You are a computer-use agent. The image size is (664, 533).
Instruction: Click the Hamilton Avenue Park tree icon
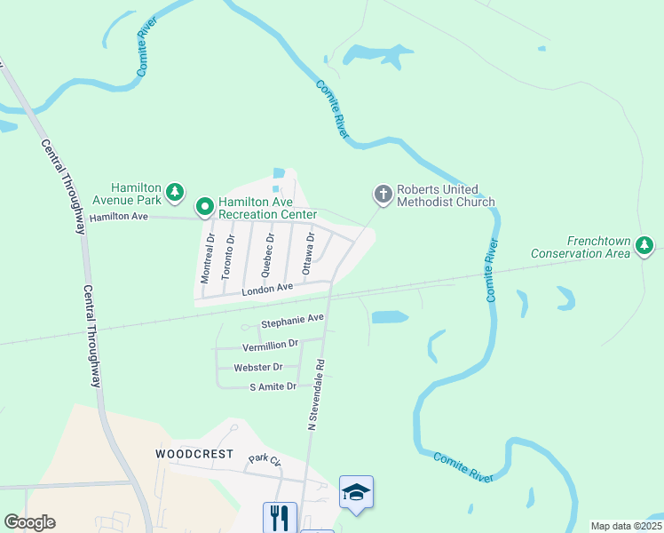click(x=176, y=192)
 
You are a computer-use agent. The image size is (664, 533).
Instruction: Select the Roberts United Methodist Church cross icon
click(x=383, y=193)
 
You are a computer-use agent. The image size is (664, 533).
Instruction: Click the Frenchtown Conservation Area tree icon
click(x=645, y=245)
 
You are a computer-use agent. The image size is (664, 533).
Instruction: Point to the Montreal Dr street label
click(x=207, y=259)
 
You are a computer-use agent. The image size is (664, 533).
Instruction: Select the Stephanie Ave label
click(x=292, y=321)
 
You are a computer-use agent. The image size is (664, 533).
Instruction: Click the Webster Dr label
click(x=257, y=367)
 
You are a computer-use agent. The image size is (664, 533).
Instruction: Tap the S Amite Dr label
click(x=273, y=386)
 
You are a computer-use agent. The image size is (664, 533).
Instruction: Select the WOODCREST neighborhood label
click(x=194, y=454)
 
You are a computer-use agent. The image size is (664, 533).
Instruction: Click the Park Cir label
click(x=264, y=459)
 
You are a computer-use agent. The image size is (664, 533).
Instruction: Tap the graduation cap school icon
click(x=356, y=492)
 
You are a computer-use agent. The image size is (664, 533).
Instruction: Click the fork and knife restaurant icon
click(x=280, y=517)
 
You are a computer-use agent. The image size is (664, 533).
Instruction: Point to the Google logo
click(x=29, y=522)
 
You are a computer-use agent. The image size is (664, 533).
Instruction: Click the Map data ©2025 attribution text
click(x=626, y=526)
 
